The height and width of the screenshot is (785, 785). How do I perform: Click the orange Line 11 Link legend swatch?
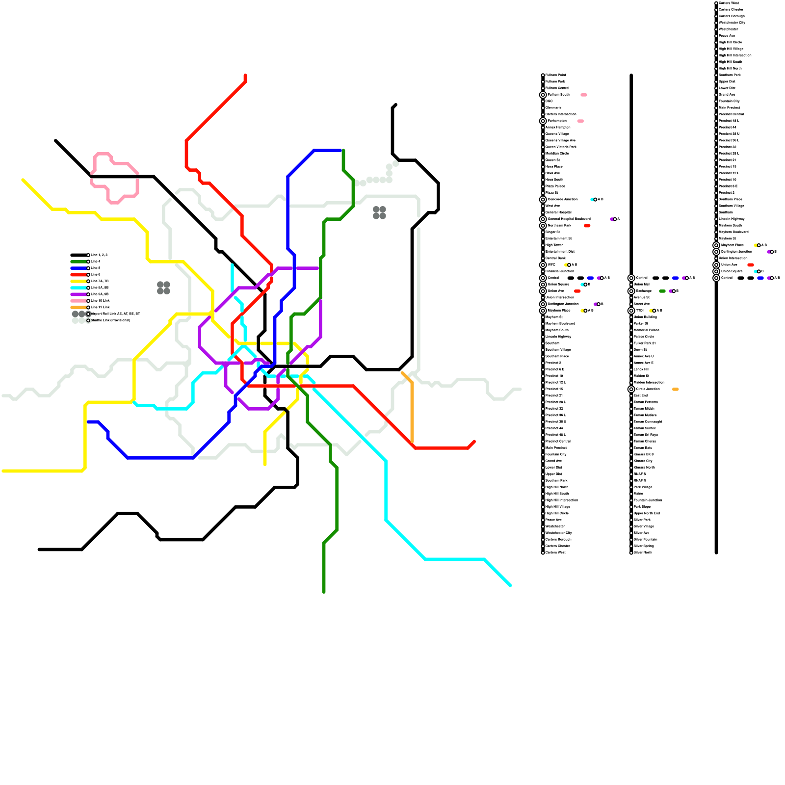tap(78, 308)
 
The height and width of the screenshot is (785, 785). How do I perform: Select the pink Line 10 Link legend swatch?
tap(78, 301)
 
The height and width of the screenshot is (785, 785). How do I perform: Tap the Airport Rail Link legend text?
tap(115, 314)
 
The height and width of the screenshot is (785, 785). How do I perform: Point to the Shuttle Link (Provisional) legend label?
tap(110, 320)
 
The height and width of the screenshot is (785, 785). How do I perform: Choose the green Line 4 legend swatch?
tap(78, 262)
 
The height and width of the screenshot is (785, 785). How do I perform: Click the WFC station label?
tap(551, 265)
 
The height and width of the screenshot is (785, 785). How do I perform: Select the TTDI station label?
tap(640, 311)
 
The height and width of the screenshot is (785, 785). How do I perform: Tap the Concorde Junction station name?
tap(562, 200)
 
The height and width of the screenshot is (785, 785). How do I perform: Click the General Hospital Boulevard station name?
tap(569, 219)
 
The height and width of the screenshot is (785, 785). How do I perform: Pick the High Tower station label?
tap(554, 245)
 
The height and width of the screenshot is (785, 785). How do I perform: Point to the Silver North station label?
tap(643, 552)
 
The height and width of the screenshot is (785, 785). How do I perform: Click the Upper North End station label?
tap(647, 513)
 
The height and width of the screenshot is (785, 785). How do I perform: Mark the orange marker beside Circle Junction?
tap(676, 390)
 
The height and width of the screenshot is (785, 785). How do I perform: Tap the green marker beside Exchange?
tap(662, 291)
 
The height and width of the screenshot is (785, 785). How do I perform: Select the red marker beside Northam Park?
tap(587, 226)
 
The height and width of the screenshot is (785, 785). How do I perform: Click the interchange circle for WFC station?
tap(543, 265)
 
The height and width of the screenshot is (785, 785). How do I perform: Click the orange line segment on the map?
tap(412, 412)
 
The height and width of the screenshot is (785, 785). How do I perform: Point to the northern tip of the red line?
tap(245, 76)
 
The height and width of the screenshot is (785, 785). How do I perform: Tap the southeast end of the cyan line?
tap(510, 585)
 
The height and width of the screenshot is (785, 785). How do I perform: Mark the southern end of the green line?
tap(324, 592)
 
